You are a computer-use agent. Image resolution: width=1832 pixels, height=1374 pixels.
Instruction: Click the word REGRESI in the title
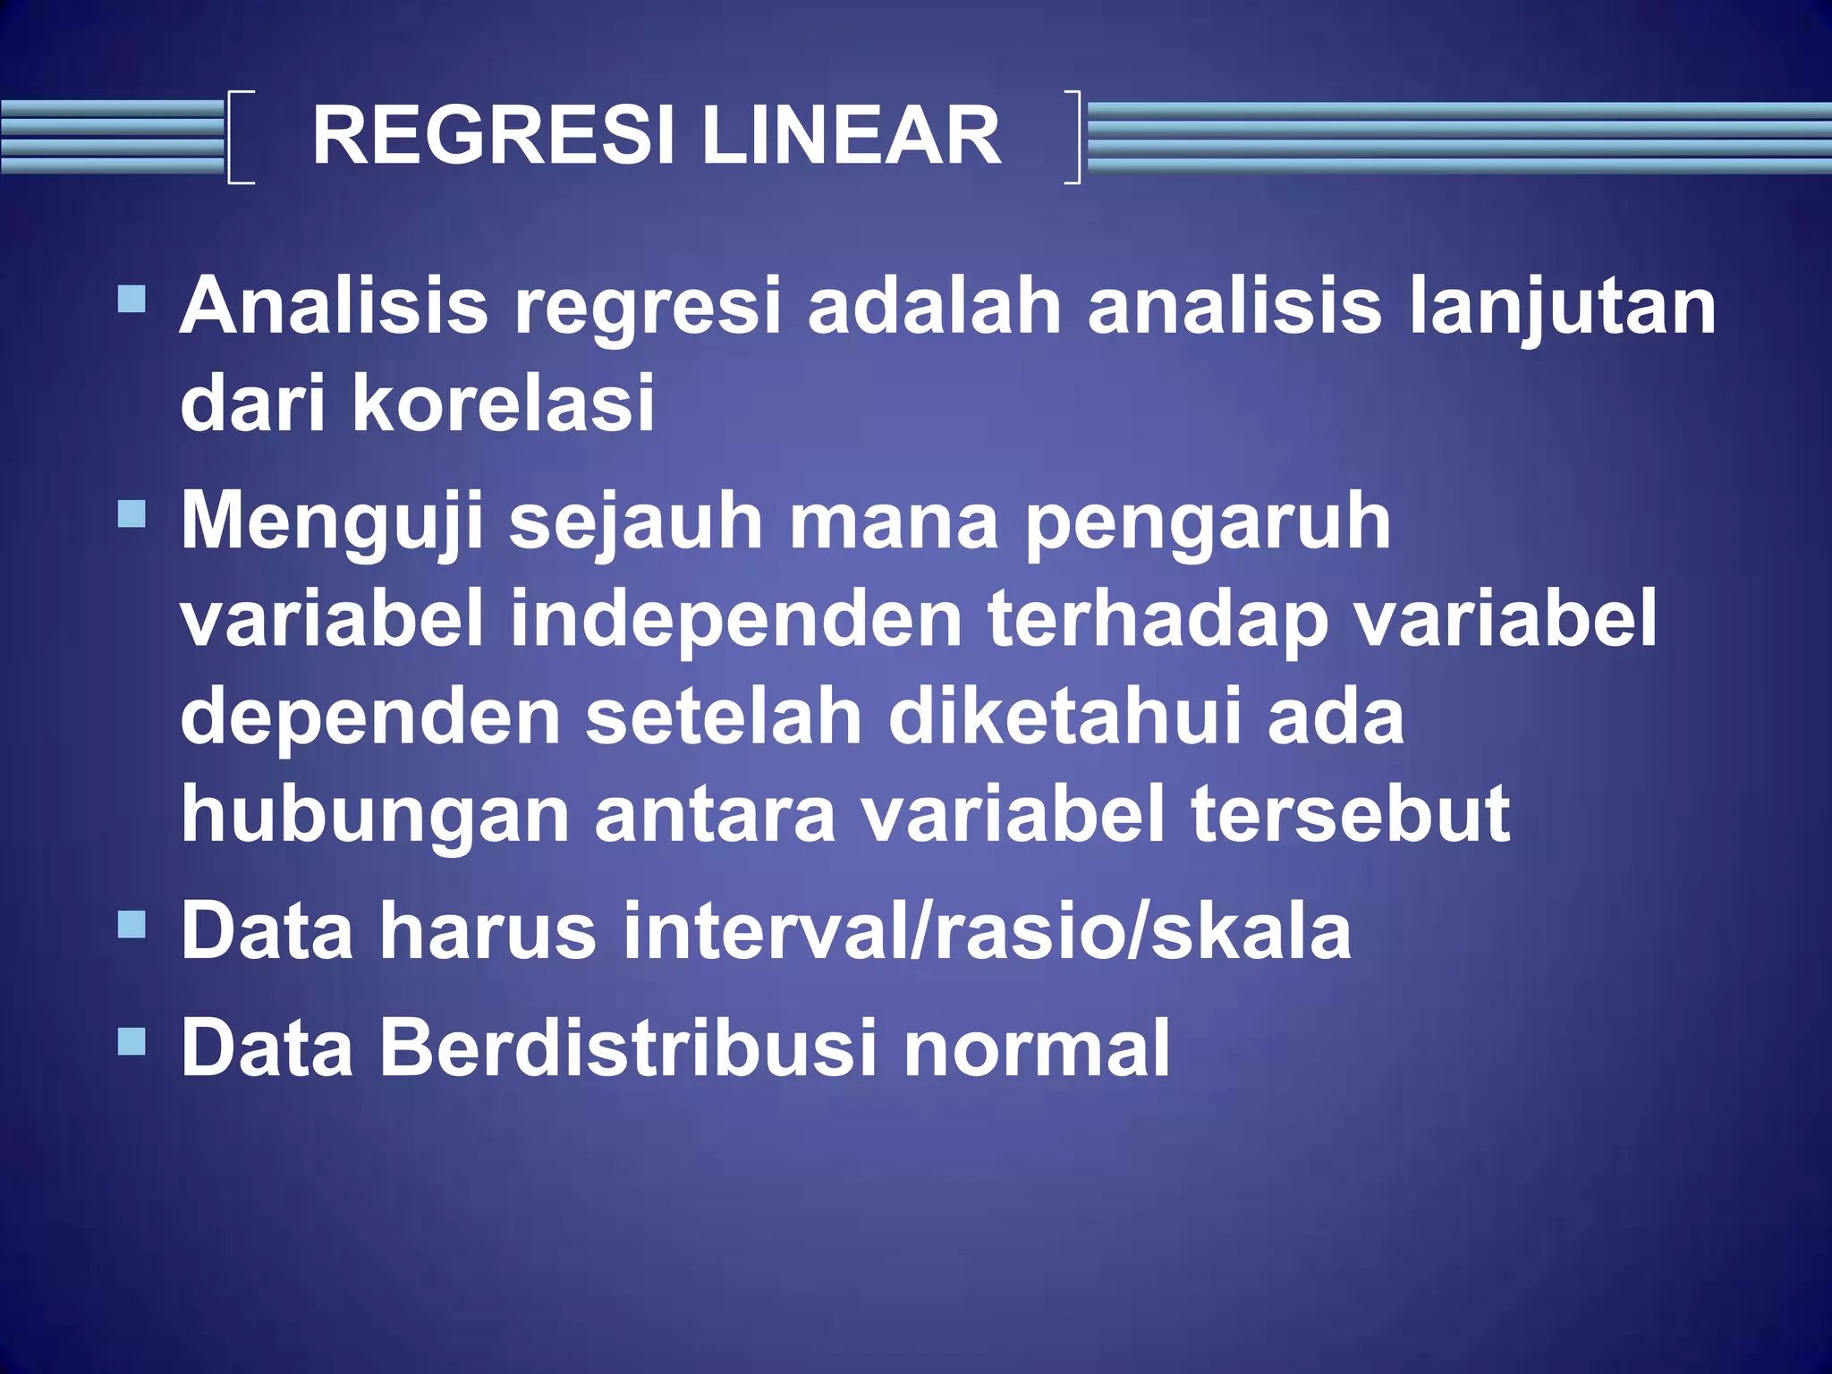492,136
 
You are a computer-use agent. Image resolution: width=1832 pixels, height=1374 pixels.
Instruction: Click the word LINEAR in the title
851,136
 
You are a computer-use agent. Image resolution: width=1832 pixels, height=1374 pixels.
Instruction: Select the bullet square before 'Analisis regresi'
131,298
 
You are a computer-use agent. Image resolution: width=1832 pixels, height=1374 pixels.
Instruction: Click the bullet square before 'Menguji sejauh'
131,513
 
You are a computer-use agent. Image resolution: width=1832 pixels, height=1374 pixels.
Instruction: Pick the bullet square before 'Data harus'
131,923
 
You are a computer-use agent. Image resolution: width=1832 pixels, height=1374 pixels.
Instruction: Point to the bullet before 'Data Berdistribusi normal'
131,1040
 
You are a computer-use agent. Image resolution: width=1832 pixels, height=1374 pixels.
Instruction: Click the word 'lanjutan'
1562,307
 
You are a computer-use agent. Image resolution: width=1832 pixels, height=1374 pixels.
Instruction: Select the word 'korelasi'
504,404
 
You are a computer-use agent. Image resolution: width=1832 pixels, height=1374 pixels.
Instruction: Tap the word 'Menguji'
332,522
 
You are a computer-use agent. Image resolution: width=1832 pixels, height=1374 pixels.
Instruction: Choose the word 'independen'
735,621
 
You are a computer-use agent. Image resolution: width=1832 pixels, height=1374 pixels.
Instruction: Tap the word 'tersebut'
1351,814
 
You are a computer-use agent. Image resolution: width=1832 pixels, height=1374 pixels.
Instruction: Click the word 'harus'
488,932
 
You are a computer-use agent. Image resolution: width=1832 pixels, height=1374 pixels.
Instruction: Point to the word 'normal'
1037,1048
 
